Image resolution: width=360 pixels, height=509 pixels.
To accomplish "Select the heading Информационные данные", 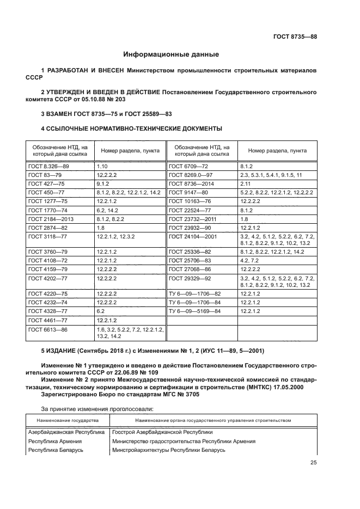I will (x=171, y=54).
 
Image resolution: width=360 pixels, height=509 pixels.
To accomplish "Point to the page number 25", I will (x=313, y=463).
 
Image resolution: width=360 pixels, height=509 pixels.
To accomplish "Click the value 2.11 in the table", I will (x=245, y=185).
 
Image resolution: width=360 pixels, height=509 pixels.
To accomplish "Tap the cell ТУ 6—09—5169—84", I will (x=195, y=311).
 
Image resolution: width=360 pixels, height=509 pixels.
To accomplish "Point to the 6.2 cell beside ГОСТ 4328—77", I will (x=101, y=311).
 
